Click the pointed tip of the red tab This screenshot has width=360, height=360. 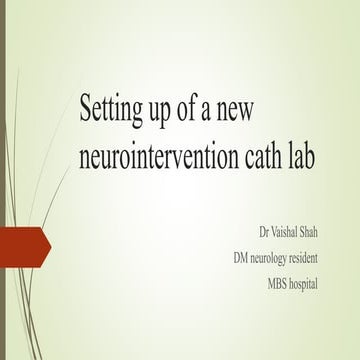[x=49, y=241]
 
